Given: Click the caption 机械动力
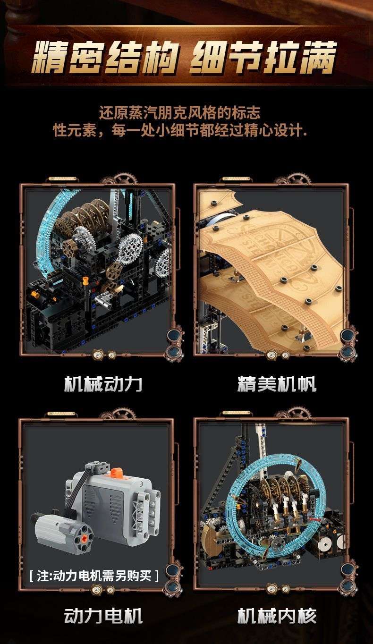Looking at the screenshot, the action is coord(103,383).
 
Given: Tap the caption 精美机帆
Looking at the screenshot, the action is coord(277,383).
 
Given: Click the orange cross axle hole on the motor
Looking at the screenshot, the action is coord(84,537).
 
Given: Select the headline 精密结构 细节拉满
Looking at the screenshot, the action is coord(184,57).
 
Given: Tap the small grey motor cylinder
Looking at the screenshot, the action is coord(64,530).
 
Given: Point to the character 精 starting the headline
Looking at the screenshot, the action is coord(50,57).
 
